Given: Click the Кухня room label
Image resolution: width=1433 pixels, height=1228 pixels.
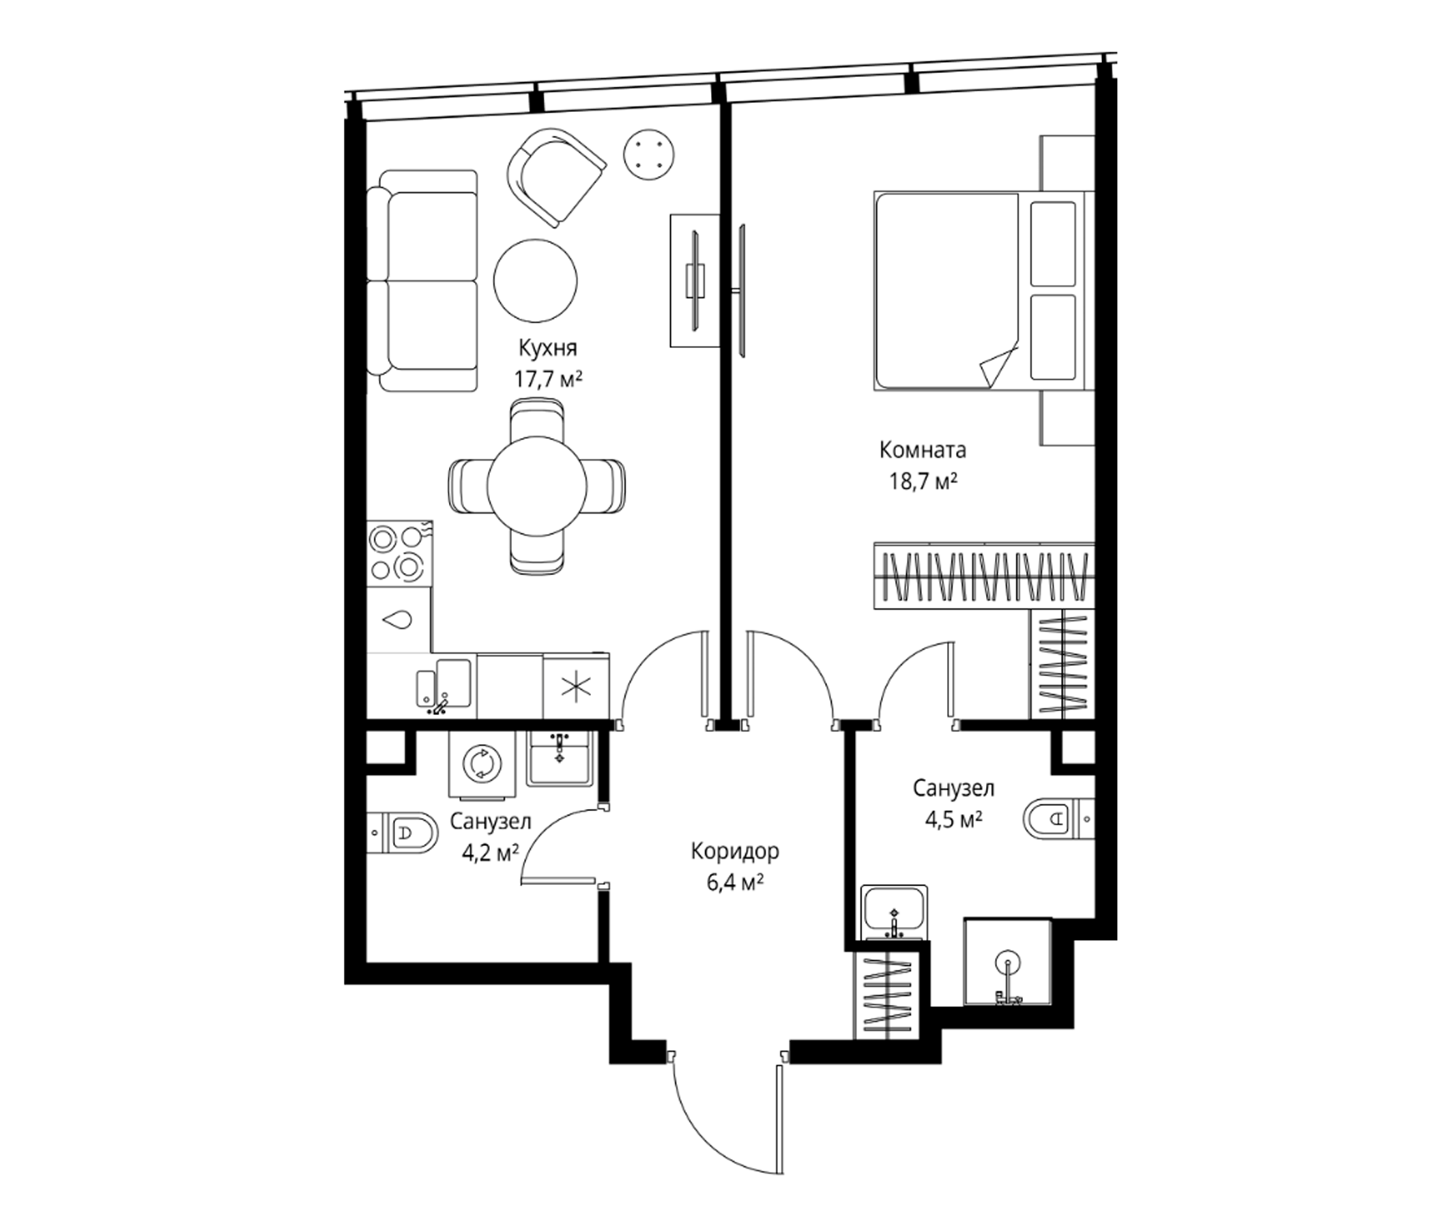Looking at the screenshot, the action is tap(548, 348).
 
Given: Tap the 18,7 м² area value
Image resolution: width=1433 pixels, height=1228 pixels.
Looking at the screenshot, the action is tap(923, 481).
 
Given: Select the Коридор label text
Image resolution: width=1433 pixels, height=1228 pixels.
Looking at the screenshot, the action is tap(734, 851).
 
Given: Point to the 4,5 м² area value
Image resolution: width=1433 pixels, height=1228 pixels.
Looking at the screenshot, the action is tap(955, 819).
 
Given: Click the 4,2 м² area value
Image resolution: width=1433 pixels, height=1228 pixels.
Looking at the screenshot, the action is tap(491, 853).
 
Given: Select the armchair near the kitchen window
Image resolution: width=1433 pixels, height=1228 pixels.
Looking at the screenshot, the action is tap(556, 177).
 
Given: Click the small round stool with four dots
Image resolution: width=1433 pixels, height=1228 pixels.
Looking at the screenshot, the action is tap(650, 156).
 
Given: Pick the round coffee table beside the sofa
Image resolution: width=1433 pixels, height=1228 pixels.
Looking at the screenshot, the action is tap(535, 280).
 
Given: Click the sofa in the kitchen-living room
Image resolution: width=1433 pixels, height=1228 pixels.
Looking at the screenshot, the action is tap(422, 280).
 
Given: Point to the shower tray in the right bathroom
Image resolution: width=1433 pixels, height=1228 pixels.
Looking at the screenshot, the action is tap(1008, 962).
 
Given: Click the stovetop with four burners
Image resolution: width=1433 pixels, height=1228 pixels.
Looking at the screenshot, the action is tap(400, 553).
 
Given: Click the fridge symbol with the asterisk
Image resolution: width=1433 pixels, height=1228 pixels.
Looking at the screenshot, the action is tap(576, 686).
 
